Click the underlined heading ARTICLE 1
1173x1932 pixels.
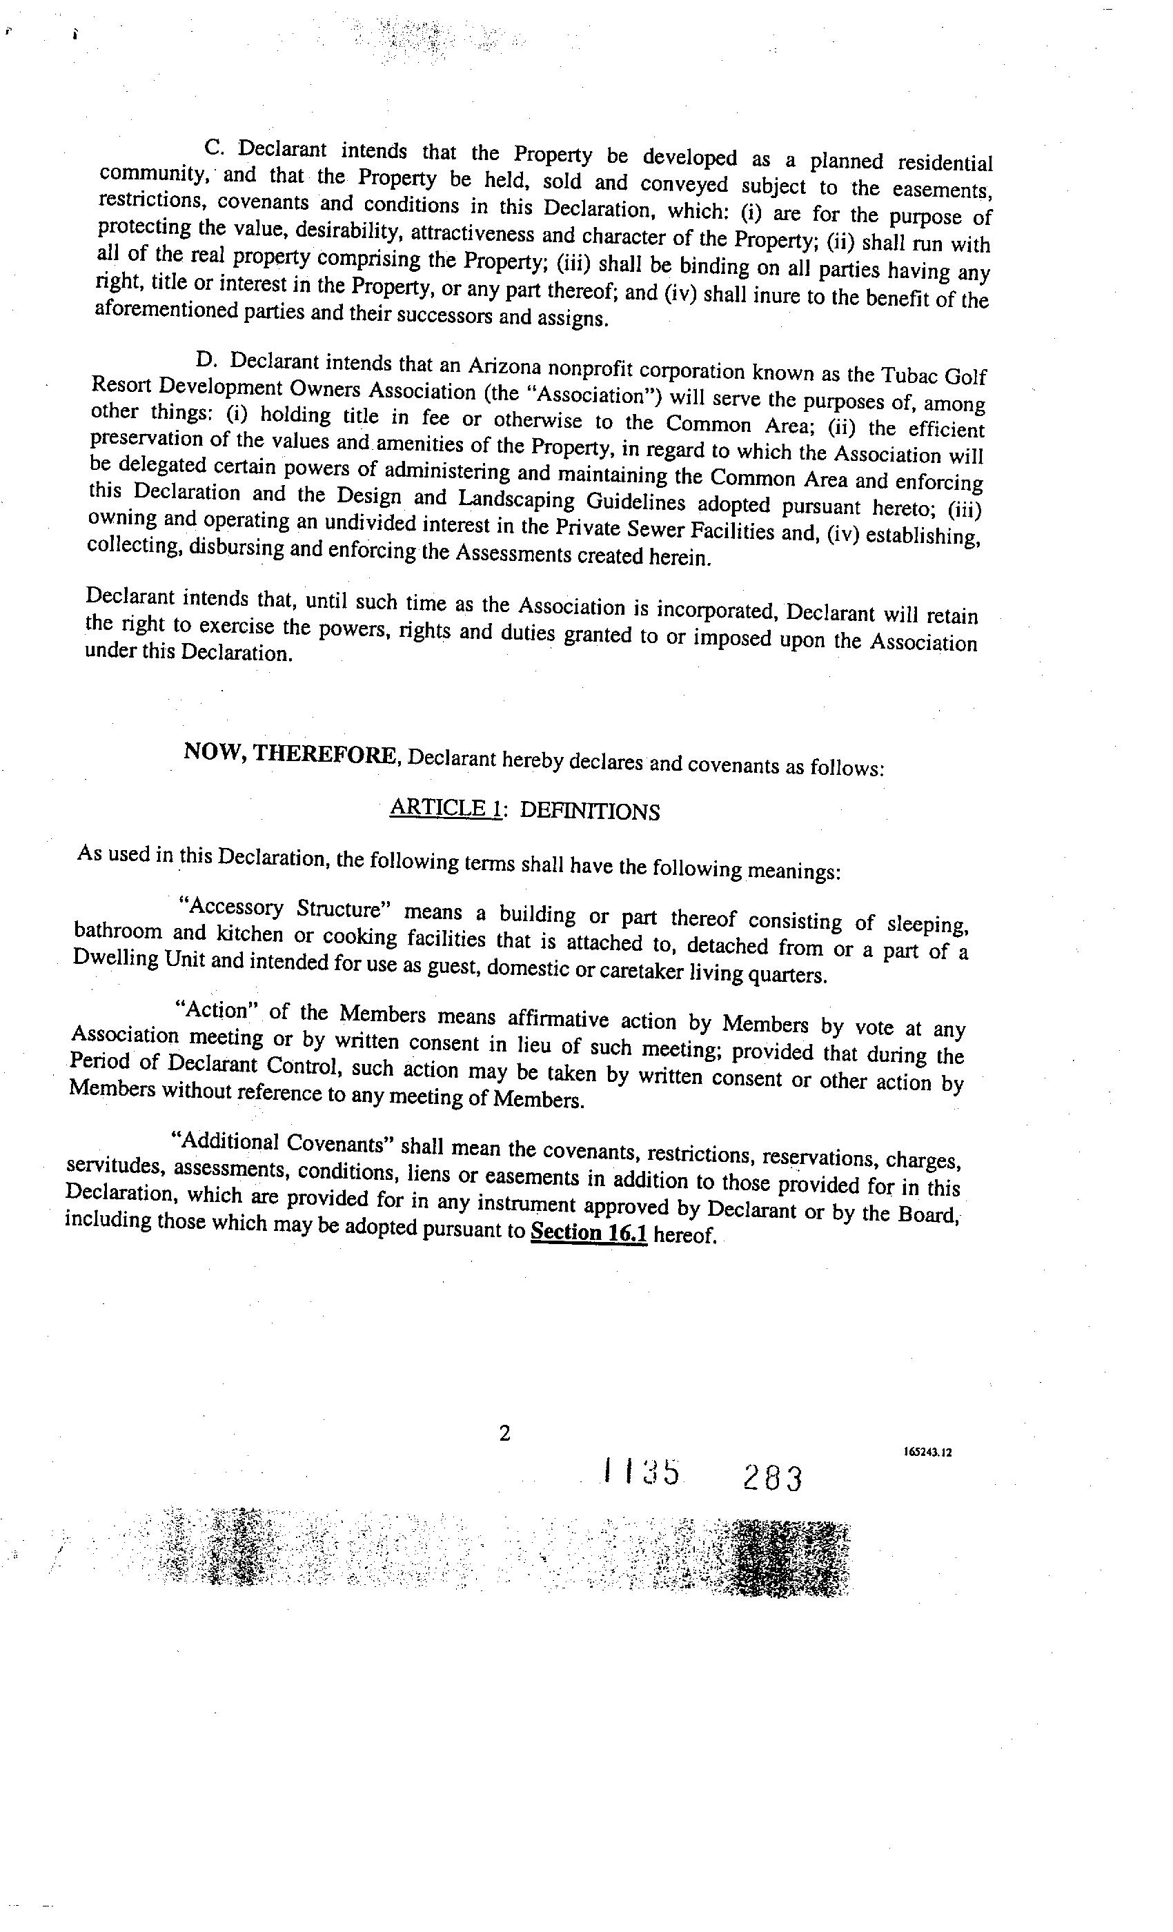444,807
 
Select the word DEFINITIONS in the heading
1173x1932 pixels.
590,811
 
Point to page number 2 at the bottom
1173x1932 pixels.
505,1432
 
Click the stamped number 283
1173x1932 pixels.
773,1478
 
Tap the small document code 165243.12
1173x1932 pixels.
927,1451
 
